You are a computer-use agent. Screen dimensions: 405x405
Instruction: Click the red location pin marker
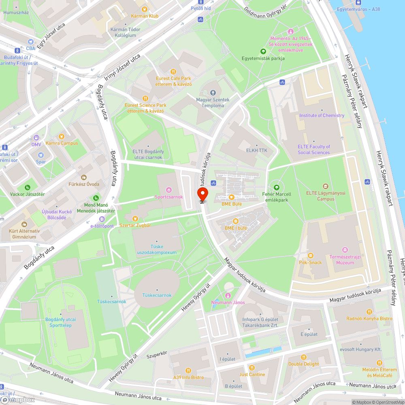tap(202, 194)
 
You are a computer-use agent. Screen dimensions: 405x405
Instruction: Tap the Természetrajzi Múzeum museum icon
tap(345, 249)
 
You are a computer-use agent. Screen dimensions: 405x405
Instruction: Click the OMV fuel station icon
tap(36, 138)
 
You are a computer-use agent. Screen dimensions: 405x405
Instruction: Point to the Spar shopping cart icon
tap(40, 155)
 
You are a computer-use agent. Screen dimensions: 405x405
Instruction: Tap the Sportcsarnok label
tap(169, 197)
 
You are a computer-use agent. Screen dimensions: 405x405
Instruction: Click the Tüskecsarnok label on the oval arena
tap(157, 295)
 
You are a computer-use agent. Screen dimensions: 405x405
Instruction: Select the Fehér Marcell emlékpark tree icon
tap(277, 187)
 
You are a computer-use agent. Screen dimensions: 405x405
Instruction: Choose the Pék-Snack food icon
tap(310, 255)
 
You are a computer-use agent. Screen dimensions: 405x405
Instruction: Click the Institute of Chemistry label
tap(322, 115)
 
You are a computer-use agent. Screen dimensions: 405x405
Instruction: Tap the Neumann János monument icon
tap(228, 296)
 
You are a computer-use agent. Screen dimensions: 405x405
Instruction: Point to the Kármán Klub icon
tap(143, 9)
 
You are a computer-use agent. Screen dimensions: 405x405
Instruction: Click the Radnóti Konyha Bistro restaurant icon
tap(369, 311)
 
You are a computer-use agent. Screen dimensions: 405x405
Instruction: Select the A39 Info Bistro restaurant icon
tap(188, 370)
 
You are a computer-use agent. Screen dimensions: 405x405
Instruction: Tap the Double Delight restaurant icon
tap(303, 357)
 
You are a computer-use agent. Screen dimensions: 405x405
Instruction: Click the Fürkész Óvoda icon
tap(84, 177)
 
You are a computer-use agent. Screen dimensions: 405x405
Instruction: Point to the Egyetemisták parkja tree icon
tap(263, 51)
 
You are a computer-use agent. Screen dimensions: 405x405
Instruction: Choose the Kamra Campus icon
tap(62, 136)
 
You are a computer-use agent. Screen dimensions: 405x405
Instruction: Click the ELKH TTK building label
tap(257, 150)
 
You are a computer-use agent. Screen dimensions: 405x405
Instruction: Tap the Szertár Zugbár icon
tap(135, 218)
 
